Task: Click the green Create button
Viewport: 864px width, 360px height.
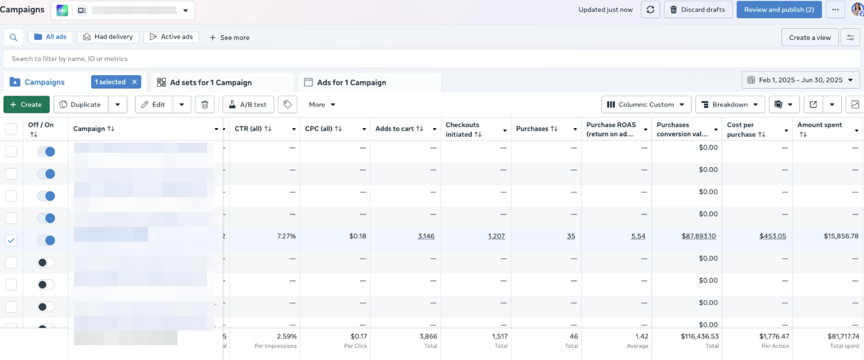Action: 26,105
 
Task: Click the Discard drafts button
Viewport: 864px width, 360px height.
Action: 698,10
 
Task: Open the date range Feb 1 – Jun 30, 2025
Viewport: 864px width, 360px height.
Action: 800,80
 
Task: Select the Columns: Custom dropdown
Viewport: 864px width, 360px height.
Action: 646,105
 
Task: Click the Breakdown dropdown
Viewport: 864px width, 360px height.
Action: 730,105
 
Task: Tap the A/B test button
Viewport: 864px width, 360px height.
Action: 248,105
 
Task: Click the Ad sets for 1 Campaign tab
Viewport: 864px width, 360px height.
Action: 211,83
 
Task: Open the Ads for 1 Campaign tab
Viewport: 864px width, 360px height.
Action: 351,83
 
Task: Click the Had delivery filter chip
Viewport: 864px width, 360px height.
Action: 108,37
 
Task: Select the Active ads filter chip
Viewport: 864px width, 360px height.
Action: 171,37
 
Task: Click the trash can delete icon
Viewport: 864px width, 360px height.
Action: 205,105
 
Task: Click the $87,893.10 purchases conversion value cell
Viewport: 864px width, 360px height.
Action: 699,236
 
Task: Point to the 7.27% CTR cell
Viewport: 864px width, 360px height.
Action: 286,236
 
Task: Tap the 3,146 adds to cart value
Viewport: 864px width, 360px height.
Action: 426,236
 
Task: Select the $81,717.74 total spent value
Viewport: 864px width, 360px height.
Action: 835,336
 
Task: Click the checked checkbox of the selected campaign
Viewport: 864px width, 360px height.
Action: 11,240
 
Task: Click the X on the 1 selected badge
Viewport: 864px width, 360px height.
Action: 134,82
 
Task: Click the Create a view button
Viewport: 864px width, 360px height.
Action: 810,38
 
